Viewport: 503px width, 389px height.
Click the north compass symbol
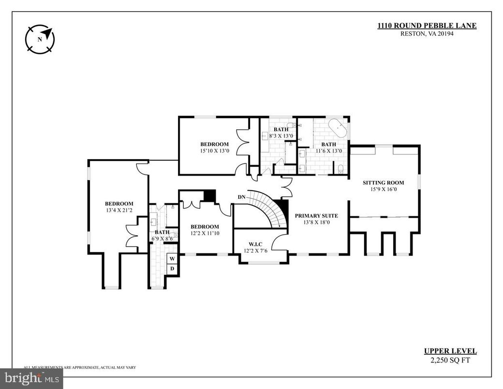tap(40, 39)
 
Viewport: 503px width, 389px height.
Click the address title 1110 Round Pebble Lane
tap(427, 26)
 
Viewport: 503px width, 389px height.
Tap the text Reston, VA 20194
tap(427, 33)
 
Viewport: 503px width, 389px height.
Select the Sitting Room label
tap(383, 183)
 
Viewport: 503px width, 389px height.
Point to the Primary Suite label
tap(316, 216)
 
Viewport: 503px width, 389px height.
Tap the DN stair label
tap(242, 197)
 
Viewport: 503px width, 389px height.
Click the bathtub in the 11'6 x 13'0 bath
tap(338, 128)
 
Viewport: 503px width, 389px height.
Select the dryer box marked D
tap(172, 269)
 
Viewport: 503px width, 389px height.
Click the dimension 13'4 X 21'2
tap(119, 210)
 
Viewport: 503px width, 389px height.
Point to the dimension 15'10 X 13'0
tap(214, 151)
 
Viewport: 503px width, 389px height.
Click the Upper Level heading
tap(450, 351)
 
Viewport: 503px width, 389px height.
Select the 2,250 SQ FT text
tap(450, 360)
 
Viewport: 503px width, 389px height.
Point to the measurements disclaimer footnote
tap(80, 368)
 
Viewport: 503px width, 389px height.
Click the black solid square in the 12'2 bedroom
tap(209, 196)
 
